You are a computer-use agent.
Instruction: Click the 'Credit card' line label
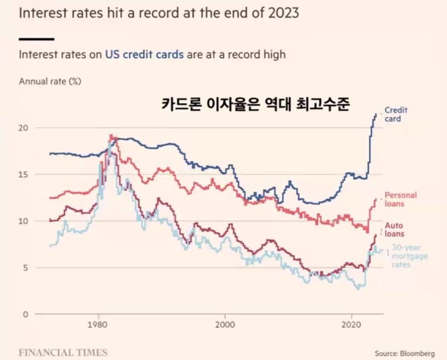point(395,114)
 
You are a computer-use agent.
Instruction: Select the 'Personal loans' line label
point(400,199)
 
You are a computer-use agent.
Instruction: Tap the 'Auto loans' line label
point(394,229)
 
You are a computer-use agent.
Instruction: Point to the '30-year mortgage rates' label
point(409,256)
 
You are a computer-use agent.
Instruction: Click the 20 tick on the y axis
point(25,128)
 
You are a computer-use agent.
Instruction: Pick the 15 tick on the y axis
point(25,174)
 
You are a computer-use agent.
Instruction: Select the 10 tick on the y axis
point(25,221)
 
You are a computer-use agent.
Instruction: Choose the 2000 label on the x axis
point(225,326)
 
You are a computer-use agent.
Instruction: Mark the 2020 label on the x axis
point(352,326)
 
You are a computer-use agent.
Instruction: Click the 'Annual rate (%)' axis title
point(50,81)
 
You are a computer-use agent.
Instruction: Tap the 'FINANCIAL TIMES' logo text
point(62,352)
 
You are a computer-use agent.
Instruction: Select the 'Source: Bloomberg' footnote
point(405,353)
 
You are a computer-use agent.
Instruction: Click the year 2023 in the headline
point(282,13)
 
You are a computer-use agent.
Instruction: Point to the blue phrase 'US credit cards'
point(144,55)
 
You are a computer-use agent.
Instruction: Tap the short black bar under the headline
point(37,39)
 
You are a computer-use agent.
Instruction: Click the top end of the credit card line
point(376,114)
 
